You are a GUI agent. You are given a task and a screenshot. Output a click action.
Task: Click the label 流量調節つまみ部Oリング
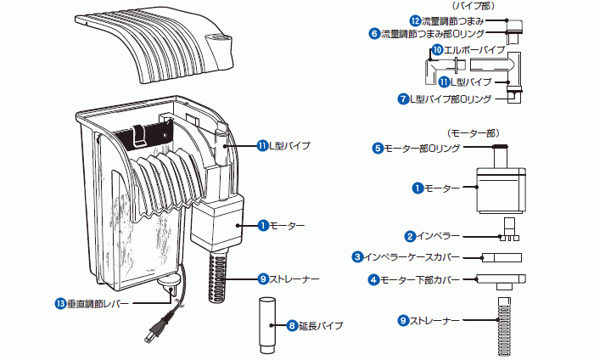coord(432,34)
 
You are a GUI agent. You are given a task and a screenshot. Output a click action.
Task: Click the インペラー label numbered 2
coord(438,235)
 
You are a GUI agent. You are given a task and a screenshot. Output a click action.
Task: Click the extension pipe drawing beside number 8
coord(265,324)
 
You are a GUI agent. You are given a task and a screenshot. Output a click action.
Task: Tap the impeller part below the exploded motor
coord(509,231)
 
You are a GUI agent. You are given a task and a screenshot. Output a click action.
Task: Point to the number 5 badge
coord(378,148)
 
